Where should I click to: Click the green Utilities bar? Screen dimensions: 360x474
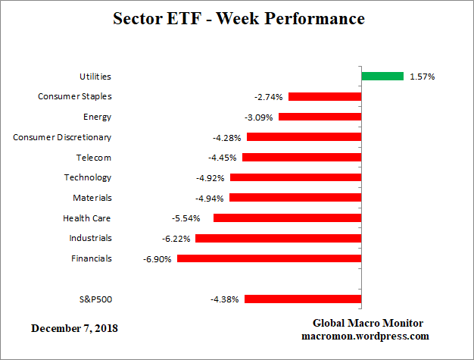click(x=382, y=76)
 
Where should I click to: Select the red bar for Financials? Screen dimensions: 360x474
click(x=269, y=258)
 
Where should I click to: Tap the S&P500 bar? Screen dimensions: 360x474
click(x=303, y=299)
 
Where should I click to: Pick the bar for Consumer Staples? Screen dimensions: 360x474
click(x=325, y=96)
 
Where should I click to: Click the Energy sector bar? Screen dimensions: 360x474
click(x=320, y=117)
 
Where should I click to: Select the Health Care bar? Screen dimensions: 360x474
click(x=287, y=218)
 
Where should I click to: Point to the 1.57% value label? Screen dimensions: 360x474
click(x=422, y=77)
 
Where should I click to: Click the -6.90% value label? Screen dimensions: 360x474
click(x=157, y=258)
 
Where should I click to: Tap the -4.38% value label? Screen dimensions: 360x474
click(x=225, y=299)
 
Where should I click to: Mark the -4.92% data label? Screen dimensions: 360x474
click(x=210, y=178)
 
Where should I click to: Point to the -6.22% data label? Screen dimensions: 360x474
click(x=176, y=239)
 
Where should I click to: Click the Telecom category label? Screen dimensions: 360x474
click(x=94, y=158)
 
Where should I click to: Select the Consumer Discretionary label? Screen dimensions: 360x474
click(x=63, y=137)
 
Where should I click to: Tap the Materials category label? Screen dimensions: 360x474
click(x=92, y=198)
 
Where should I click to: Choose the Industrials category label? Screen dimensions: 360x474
click(x=91, y=238)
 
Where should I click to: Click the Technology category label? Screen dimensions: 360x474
click(x=89, y=177)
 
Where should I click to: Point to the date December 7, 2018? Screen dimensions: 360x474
click(x=74, y=328)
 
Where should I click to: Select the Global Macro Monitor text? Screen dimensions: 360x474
click(x=369, y=323)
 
